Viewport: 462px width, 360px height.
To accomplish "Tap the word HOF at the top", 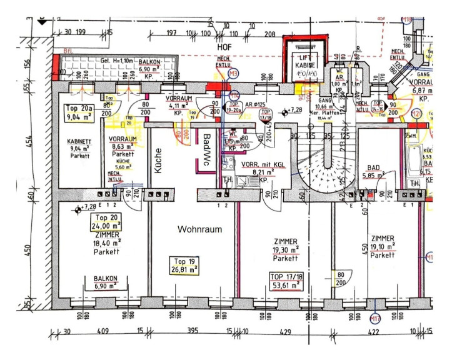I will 224,47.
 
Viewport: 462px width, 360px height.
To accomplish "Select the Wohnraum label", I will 199,229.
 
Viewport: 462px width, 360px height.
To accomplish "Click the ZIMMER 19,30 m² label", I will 284,248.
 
